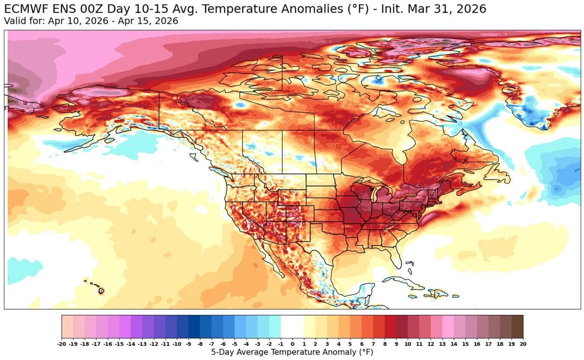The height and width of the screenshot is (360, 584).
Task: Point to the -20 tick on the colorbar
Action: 62,343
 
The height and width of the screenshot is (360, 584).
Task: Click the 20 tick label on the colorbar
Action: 523,343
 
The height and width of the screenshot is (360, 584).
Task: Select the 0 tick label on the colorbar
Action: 292,343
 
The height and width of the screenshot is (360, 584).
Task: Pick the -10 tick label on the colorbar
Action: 177,343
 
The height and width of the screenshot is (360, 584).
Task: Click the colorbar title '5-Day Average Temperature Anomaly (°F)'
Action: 292,351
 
